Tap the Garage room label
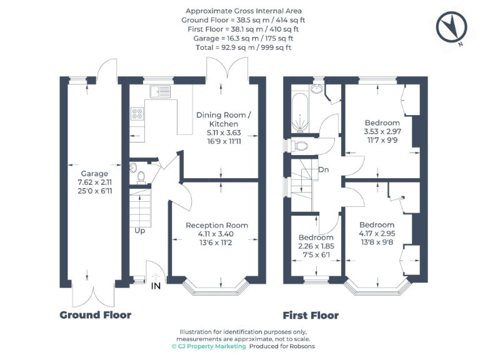point(94,174)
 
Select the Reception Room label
point(217,225)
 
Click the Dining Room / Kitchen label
point(224,119)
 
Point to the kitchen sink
point(159,91)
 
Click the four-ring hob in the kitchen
point(137,114)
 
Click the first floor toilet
point(301,146)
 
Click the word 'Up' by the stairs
point(139,230)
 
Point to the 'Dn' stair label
point(324,169)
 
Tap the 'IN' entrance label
point(156,286)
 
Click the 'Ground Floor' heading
point(95,314)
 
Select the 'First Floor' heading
point(311,315)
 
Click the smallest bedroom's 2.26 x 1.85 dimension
point(316,246)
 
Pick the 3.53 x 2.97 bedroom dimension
point(382,132)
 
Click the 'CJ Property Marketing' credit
point(209,346)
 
